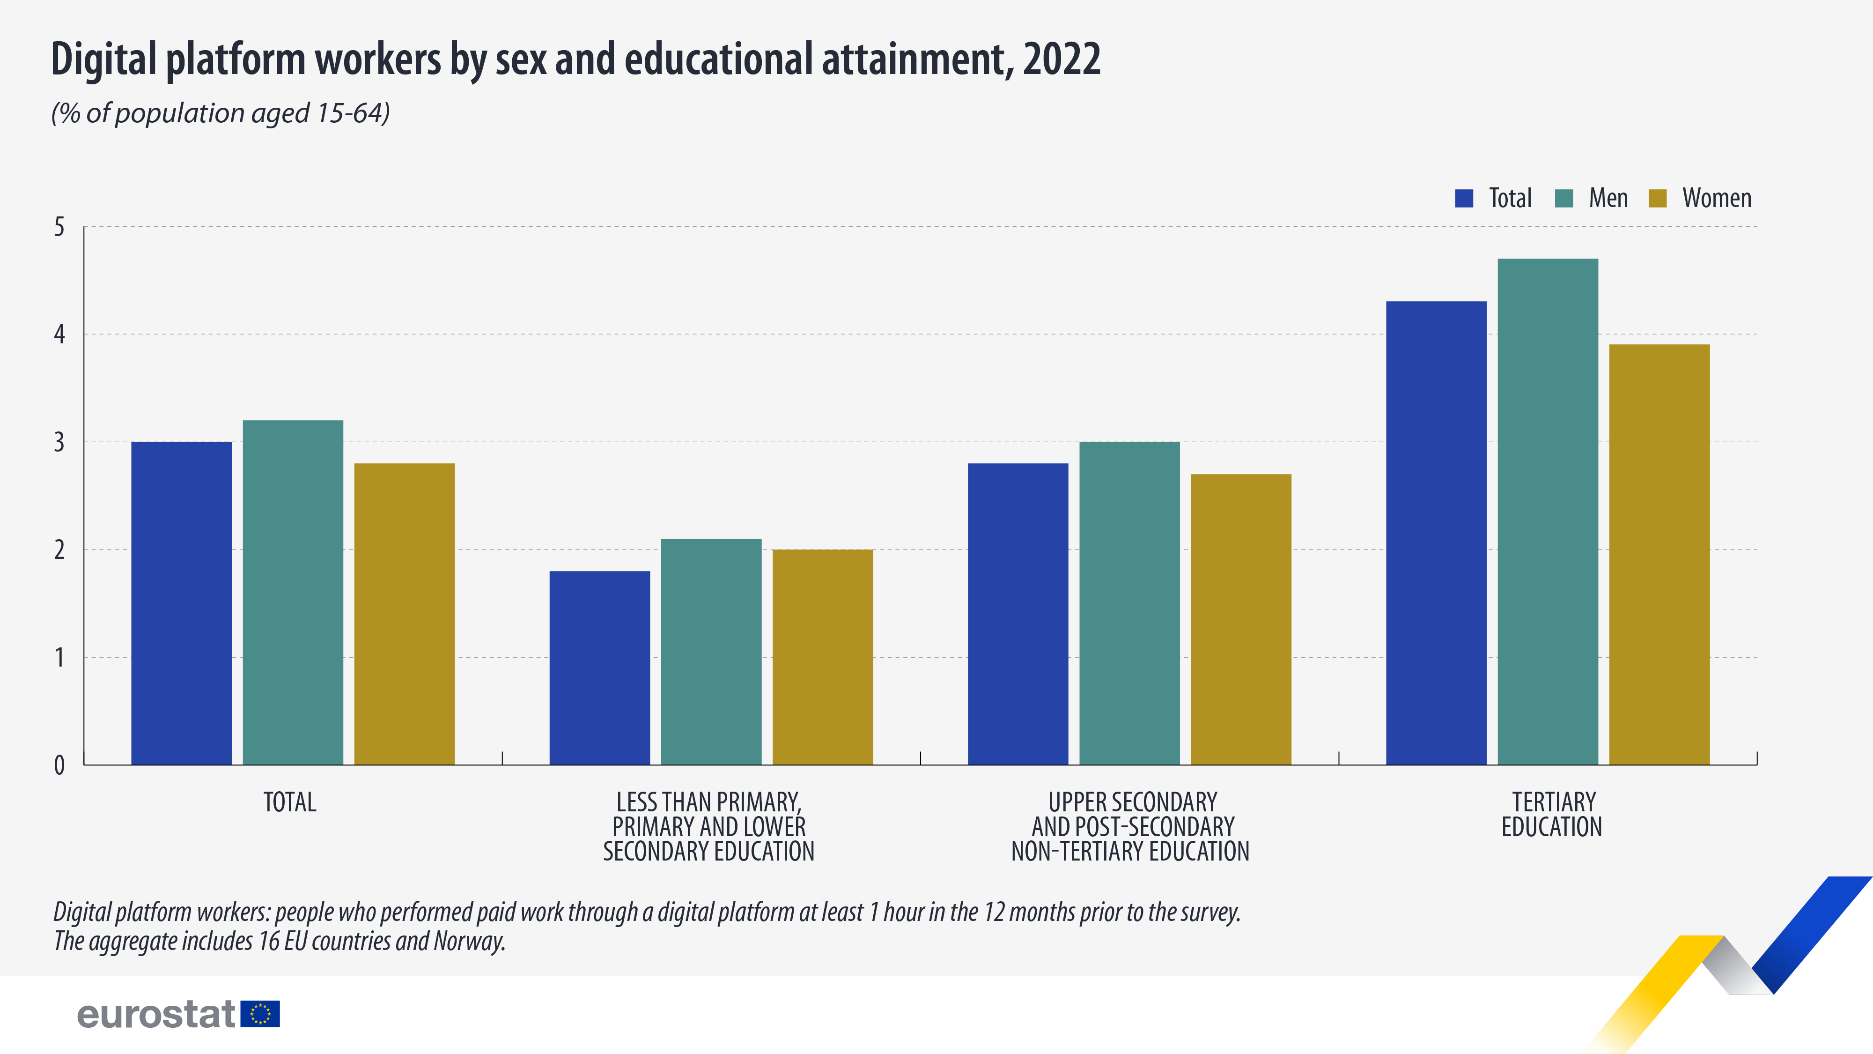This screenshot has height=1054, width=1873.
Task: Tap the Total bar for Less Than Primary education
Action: [x=599, y=668]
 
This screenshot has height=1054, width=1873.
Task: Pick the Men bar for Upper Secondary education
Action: [x=1129, y=603]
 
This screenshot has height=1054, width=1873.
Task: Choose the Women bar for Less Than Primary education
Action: [x=822, y=657]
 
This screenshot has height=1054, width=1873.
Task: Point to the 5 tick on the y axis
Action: [x=59, y=227]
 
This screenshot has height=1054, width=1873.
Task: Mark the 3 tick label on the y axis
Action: [x=59, y=442]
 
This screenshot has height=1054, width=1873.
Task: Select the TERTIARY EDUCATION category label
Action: [x=1552, y=815]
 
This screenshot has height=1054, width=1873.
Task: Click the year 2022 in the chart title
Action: [x=1062, y=59]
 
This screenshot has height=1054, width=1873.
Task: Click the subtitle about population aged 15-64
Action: [x=220, y=113]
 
